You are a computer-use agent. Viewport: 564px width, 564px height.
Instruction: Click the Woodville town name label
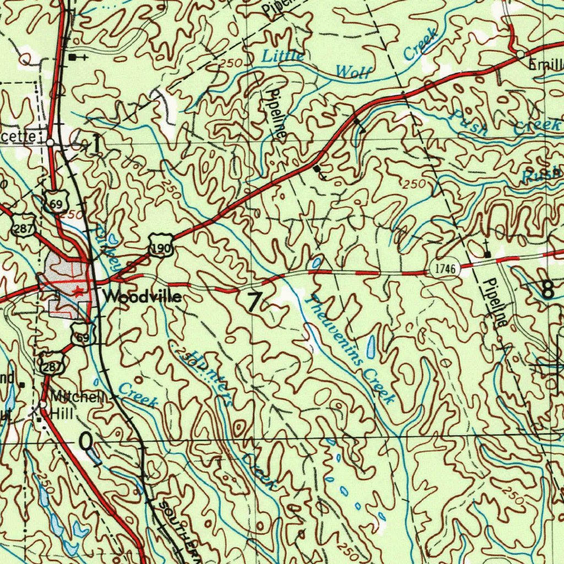(142, 297)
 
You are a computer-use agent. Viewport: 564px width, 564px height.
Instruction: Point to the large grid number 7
(254, 302)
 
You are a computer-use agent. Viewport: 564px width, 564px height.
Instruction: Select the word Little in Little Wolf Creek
(283, 56)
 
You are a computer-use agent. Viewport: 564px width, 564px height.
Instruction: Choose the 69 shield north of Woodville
(56, 202)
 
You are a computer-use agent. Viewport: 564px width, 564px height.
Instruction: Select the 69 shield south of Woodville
(80, 334)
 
